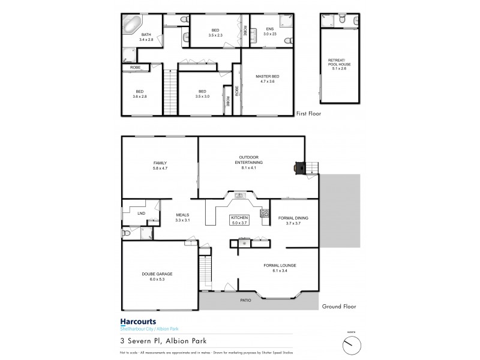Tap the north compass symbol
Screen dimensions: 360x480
(350, 344)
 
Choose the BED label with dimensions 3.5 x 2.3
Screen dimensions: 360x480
(215, 32)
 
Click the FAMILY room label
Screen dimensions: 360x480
(160, 166)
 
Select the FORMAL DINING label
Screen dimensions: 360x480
(293, 220)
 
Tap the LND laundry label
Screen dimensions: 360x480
(141, 213)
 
